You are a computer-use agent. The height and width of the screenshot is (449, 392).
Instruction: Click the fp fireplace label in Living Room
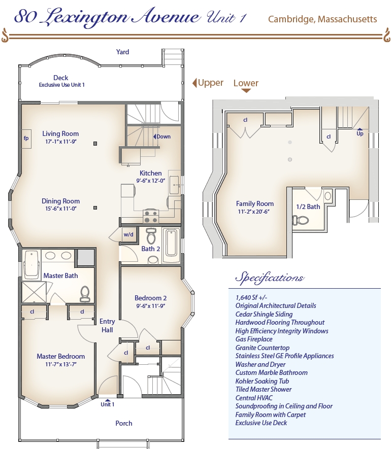(x=26, y=139)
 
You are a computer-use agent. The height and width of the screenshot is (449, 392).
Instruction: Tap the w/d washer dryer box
(x=128, y=234)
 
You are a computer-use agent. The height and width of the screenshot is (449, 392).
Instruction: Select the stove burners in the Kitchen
(x=151, y=217)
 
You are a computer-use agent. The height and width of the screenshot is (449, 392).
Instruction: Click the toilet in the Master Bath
(x=85, y=294)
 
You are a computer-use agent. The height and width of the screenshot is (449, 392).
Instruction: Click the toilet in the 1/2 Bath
(x=300, y=220)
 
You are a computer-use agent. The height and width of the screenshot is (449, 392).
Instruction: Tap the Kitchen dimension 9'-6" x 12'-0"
(x=151, y=181)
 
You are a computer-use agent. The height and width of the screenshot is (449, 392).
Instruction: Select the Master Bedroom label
(x=61, y=356)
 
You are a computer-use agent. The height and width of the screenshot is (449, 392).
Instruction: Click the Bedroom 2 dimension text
(x=151, y=306)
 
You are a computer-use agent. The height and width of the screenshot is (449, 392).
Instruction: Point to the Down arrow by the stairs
(x=155, y=136)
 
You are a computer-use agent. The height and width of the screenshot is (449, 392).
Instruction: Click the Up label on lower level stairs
(x=360, y=133)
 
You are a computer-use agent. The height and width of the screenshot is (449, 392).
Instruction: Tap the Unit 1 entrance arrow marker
(x=108, y=400)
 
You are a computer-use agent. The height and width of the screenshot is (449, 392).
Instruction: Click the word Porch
(x=124, y=423)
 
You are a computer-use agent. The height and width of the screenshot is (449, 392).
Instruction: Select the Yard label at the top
(x=123, y=52)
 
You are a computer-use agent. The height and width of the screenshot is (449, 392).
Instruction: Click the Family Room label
(x=255, y=203)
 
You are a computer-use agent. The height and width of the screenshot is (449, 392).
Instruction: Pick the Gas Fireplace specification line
(x=254, y=339)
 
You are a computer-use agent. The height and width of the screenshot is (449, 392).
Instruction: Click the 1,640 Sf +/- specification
(x=251, y=297)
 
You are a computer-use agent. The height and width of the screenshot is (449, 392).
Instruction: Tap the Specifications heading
(x=269, y=278)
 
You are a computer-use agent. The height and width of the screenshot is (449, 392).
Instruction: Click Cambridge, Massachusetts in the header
(x=322, y=19)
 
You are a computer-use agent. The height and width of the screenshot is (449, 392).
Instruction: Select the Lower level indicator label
(x=246, y=83)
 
